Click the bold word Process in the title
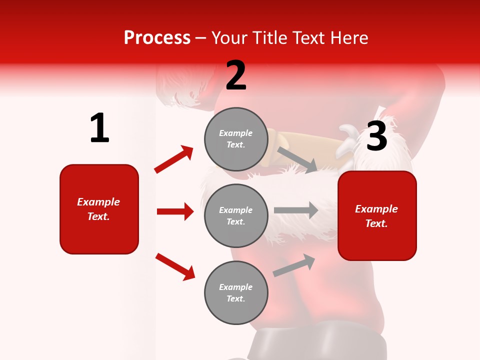157,37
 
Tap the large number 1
99,128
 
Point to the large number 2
236,75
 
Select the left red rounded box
99,209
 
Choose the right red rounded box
377,215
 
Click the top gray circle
236,139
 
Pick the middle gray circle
236,215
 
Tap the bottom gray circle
236,292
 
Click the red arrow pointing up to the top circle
174,159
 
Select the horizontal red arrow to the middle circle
175,211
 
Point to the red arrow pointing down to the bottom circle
175,266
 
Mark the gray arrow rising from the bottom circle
294,265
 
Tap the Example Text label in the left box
98,209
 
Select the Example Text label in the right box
376,216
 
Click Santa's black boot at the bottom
320,343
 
